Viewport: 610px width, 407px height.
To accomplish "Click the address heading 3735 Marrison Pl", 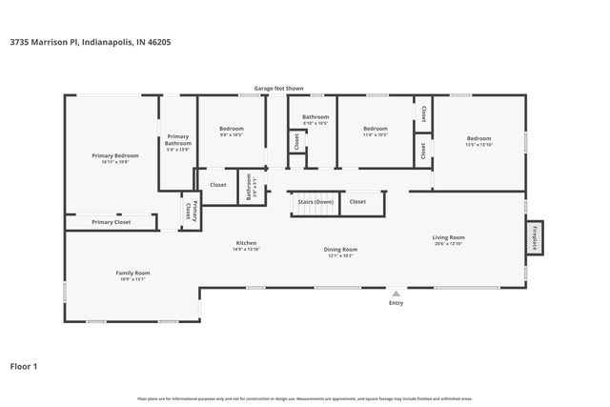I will [91, 42].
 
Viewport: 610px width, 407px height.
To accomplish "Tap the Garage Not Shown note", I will [278, 88].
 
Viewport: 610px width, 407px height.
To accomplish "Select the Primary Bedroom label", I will [115, 155].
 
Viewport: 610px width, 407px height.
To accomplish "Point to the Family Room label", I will [133, 273].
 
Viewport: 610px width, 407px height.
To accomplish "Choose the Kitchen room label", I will [247, 243].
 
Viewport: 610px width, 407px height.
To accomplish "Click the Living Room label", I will [448, 237].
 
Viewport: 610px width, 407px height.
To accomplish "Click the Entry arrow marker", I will [396, 293].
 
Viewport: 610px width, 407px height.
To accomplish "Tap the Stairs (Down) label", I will [315, 202].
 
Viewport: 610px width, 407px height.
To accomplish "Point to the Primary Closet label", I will [112, 222].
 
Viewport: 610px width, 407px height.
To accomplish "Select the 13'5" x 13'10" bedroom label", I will [478, 140].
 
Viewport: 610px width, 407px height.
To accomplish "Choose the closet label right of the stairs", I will [357, 202].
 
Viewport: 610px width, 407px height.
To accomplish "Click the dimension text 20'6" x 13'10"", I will [448, 244].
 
